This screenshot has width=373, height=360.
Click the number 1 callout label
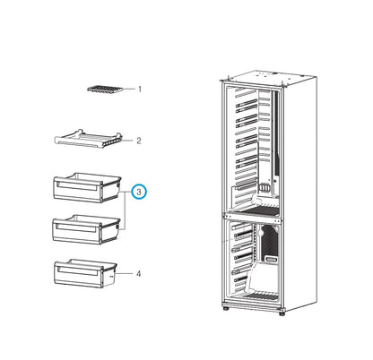pos(140,90)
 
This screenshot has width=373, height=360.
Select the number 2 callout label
pos(140,141)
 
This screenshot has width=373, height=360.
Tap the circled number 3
pos(140,192)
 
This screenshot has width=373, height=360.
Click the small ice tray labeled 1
pos(106,89)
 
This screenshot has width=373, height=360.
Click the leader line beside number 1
pos(129,90)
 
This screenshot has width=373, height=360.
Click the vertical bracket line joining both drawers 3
pos(124,210)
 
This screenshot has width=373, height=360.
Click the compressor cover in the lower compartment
pos(269,244)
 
